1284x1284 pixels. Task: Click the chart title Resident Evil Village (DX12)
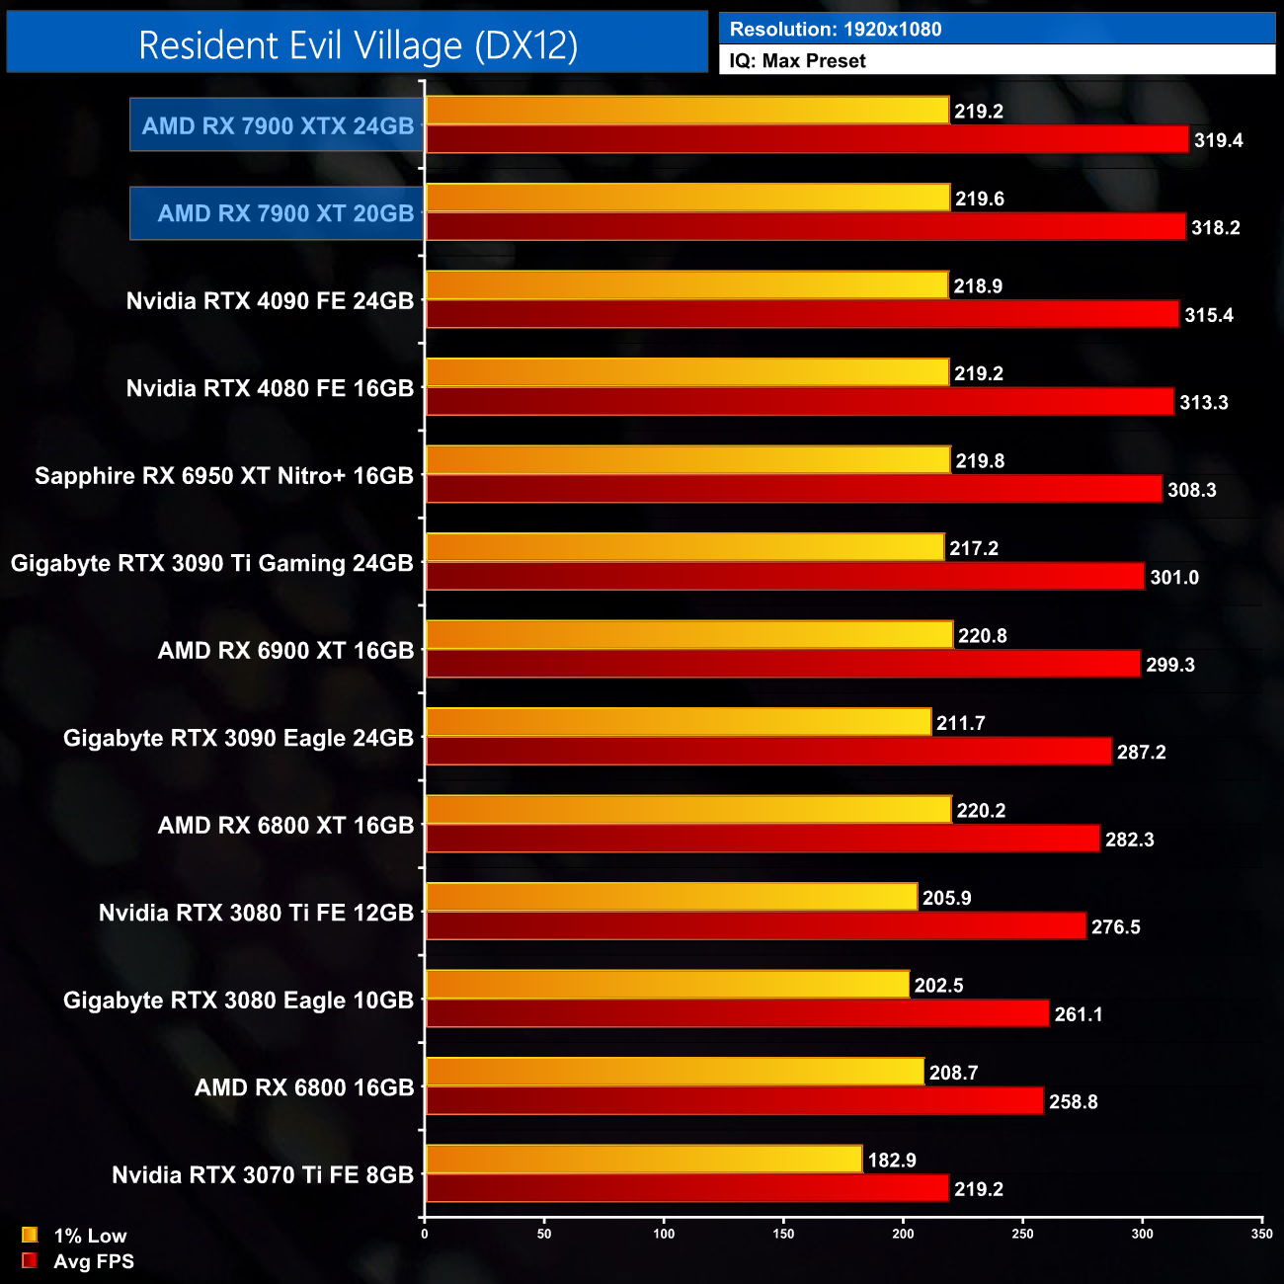point(358,44)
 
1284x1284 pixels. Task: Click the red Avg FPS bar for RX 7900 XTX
point(806,139)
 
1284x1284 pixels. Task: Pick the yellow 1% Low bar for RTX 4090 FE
point(686,285)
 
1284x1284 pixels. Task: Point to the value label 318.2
point(1215,227)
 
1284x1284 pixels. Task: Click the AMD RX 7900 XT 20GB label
point(285,213)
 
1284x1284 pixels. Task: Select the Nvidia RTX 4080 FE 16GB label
point(270,388)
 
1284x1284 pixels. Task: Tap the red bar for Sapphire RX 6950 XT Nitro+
point(793,489)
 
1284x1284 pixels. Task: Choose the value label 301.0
point(1174,577)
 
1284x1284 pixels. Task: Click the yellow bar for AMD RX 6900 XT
point(688,635)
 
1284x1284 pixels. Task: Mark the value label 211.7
point(960,723)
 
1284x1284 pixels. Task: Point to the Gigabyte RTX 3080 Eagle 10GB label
point(238,1001)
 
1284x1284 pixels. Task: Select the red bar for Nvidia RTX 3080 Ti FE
point(756,926)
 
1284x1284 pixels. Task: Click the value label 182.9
point(892,1160)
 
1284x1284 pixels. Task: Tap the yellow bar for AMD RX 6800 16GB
point(675,1072)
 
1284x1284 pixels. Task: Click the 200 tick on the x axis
point(903,1234)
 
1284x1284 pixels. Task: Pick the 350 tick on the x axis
point(1261,1234)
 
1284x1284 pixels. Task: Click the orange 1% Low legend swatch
point(30,1235)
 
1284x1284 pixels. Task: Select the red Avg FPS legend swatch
point(30,1260)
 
